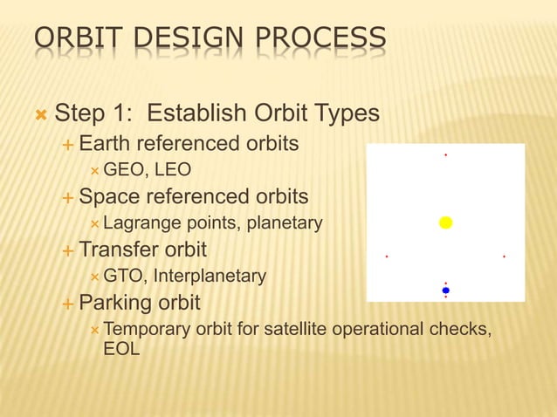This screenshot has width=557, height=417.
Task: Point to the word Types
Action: click(348, 114)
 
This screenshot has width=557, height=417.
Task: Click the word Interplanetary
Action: click(210, 277)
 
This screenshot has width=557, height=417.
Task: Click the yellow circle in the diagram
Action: click(445, 222)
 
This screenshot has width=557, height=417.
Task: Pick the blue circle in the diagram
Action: click(445, 290)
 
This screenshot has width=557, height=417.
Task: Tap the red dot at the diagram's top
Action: click(445, 155)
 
